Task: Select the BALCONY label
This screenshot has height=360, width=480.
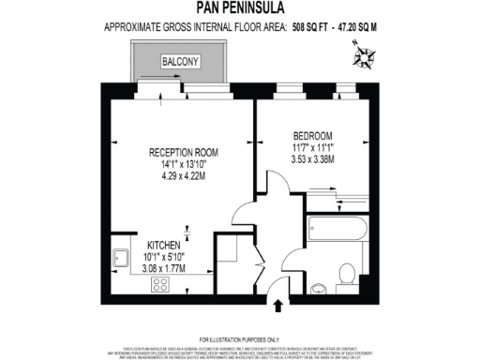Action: tap(178, 63)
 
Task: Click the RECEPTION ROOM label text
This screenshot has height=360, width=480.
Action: tap(184, 152)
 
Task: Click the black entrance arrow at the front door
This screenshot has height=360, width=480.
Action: tap(278, 304)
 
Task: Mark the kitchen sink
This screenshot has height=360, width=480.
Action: tap(120, 256)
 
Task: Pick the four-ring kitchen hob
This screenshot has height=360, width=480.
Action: tap(160, 282)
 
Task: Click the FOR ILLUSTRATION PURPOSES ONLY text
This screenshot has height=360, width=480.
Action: tap(239, 338)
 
